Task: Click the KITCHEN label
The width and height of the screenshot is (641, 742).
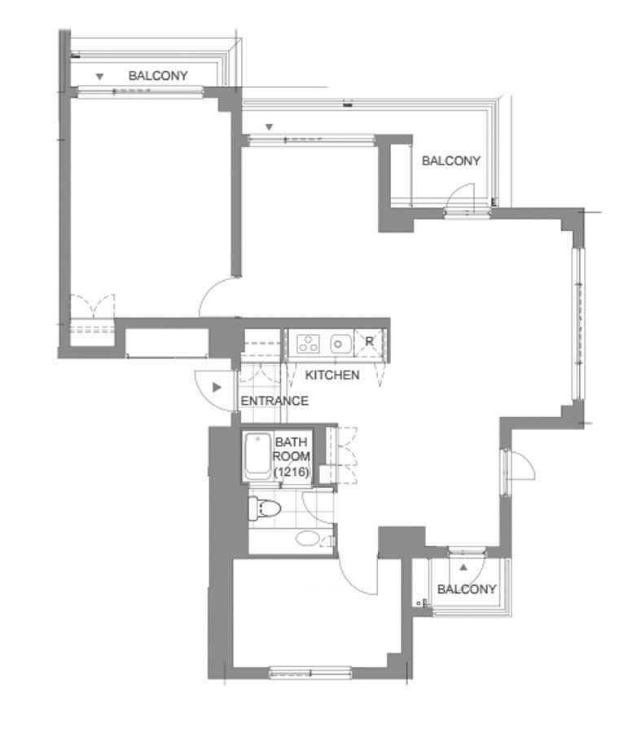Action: [332, 375]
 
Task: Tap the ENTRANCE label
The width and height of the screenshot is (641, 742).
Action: [274, 401]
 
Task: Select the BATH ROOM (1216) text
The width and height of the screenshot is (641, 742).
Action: [292, 457]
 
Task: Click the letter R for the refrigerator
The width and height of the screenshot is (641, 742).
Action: [369, 341]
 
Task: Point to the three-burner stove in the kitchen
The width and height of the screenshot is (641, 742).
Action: [308, 343]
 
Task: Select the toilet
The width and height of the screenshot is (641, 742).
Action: [264, 509]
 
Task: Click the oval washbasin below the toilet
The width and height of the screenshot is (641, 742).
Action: [307, 538]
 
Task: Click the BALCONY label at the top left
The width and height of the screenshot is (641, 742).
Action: [158, 76]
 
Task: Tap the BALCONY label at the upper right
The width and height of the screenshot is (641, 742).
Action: [451, 161]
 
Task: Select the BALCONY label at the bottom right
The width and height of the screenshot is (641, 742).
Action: [467, 589]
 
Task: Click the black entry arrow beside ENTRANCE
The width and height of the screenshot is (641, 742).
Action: [217, 388]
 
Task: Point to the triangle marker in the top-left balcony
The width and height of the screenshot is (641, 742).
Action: [99, 77]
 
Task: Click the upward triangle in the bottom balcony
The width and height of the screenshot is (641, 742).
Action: [463, 567]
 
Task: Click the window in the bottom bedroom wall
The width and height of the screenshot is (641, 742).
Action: [310, 673]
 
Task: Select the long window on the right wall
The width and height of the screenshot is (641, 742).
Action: [577, 324]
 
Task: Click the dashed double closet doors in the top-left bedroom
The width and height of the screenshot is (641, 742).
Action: [93, 305]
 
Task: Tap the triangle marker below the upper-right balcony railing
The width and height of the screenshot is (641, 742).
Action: [269, 127]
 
